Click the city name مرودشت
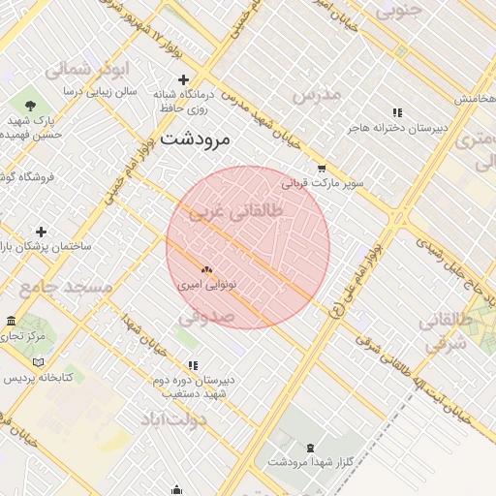coord(196,139)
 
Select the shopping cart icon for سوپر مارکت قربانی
coord(321,167)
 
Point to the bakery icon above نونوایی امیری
coord(205,270)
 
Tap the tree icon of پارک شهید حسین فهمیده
coord(31,105)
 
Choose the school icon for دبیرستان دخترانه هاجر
coord(396,111)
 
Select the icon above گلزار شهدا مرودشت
coord(310,447)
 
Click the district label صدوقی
coord(206,317)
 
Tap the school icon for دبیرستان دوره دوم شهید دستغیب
coord(193,365)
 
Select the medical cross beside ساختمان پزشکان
coord(41,232)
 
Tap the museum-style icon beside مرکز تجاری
coord(11,321)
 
